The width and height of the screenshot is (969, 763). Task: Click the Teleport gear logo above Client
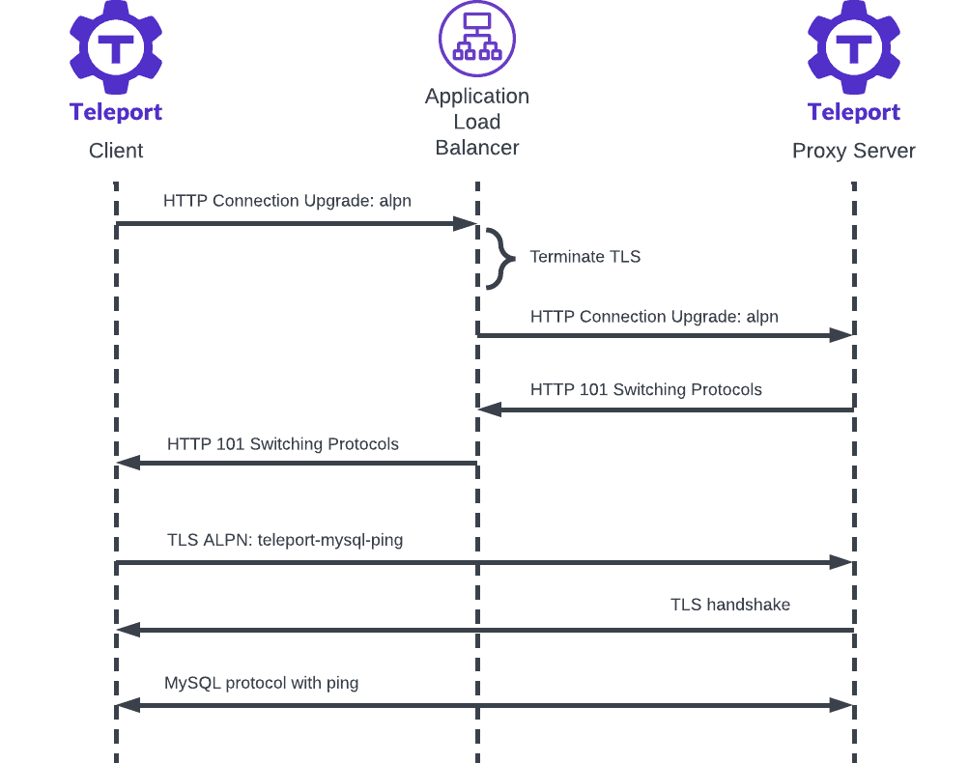tap(116, 46)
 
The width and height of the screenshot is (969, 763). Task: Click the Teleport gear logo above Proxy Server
tap(854, 46)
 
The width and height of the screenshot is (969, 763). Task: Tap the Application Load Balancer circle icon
tap(477, 39)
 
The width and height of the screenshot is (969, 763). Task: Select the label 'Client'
tap(116, 151)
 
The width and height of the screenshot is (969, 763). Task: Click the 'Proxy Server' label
tap(854, 151)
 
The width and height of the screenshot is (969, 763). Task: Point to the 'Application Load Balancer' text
tap(477, 122)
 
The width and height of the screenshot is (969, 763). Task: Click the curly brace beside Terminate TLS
tap(499, 258)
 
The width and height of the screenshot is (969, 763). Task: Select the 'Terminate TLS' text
tap(584, 257)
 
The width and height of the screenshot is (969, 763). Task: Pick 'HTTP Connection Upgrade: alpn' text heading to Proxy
tap(654, 317)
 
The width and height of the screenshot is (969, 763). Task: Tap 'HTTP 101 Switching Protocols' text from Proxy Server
tap(645, 390)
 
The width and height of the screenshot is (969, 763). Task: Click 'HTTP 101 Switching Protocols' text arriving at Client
tap(283, 444)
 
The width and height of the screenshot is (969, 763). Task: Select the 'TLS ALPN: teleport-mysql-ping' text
tap(285, 540)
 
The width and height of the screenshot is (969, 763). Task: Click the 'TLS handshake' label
tap(730, 605)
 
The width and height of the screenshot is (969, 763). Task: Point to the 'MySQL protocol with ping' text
tap(262, 683)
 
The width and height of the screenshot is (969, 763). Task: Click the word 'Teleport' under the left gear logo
tap(116, 112)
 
